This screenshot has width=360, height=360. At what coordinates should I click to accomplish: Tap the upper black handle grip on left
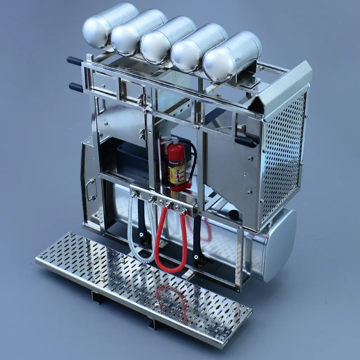pos(75,61)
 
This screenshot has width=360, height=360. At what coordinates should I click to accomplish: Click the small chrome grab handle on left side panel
pos(92,189)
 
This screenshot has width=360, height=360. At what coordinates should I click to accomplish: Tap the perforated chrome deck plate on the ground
pos(144,288)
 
